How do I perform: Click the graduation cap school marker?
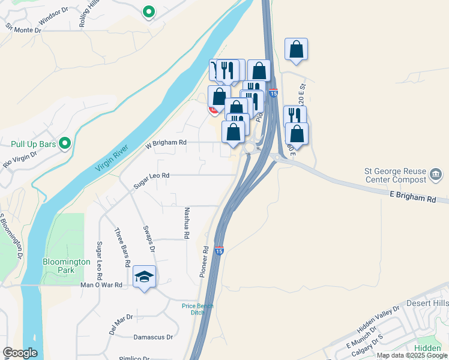tap(144, 277)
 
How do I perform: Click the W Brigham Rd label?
tap(166, 143)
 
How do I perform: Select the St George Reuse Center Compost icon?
tap(434, 176)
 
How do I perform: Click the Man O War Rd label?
tap(101, 285)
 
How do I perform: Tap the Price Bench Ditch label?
tap(197, 309)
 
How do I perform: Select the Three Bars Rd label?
tap(122, 247)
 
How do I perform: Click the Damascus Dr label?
tap(153, 337)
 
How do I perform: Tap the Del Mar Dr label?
tap(121, 325)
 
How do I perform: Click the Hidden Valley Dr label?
tap(378, 319)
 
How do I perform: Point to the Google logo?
tap(20, 353)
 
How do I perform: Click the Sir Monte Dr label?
tap(23, 28)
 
